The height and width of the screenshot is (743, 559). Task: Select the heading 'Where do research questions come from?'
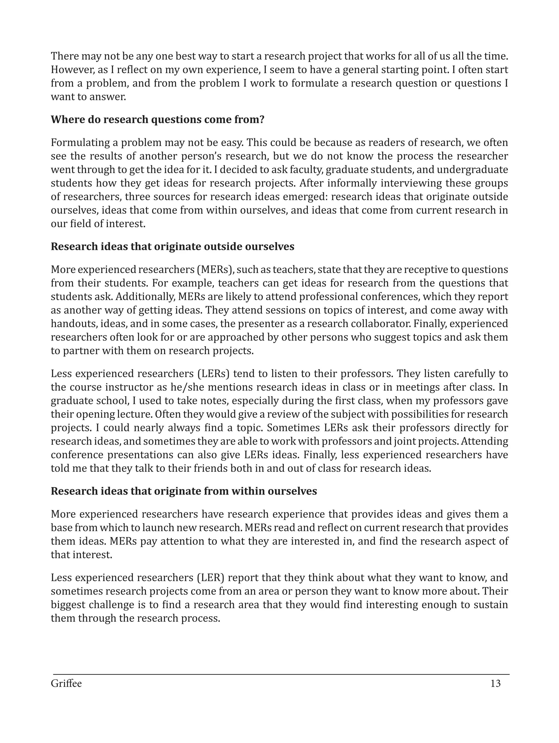[157, 120]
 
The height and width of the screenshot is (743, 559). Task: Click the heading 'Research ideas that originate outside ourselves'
[172, 247]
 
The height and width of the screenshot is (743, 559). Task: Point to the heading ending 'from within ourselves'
[184, 491]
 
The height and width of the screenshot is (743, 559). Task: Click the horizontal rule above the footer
[281, 674]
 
